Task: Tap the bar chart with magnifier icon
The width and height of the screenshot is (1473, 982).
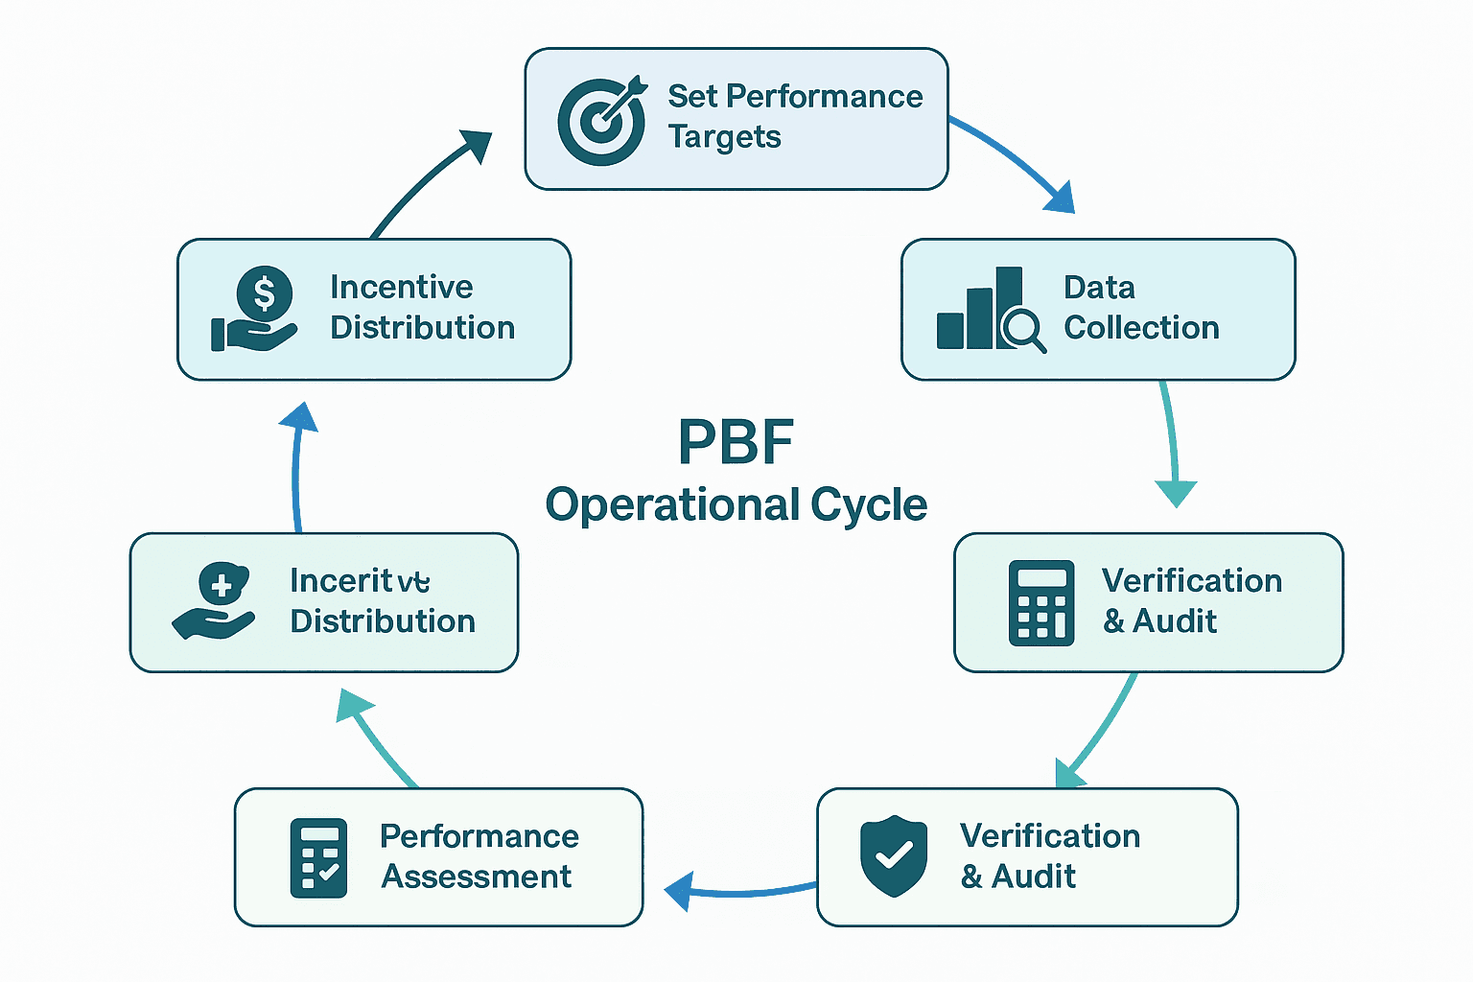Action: (990, 310)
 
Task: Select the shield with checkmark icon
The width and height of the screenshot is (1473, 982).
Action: (894, 855)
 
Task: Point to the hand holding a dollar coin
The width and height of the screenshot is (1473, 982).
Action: (255, 309)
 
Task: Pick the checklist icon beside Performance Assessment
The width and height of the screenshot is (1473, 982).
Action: (318, 857)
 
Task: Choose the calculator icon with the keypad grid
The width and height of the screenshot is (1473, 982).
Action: (1041, 603)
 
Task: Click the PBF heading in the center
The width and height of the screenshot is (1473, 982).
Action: (736, 443)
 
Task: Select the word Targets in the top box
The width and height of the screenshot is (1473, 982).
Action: (724, 137)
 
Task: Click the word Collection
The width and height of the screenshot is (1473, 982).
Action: (1141, 328)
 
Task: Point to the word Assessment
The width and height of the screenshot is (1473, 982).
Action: (476, 877)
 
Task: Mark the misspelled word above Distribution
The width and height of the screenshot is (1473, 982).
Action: (360, 581)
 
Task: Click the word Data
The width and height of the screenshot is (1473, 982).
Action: (1099, 288)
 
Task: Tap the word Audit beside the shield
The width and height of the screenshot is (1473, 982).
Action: (1034, 877)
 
